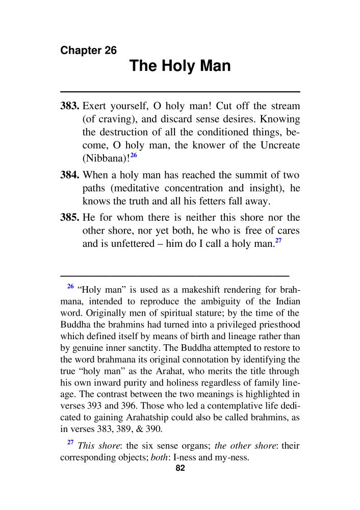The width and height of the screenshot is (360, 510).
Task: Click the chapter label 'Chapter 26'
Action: coord(88,50)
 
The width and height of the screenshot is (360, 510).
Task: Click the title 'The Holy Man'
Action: coord(180,66)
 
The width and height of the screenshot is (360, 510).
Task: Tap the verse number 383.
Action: coord(69,107)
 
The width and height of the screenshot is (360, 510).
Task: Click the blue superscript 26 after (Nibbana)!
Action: coord(134,155)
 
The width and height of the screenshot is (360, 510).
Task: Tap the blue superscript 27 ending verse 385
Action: coord(278,241)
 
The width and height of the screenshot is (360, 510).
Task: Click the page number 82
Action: coord(179,469)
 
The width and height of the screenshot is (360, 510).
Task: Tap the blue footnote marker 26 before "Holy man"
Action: coord(70,286)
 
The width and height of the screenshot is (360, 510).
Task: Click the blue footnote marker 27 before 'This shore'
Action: coord(70,443)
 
